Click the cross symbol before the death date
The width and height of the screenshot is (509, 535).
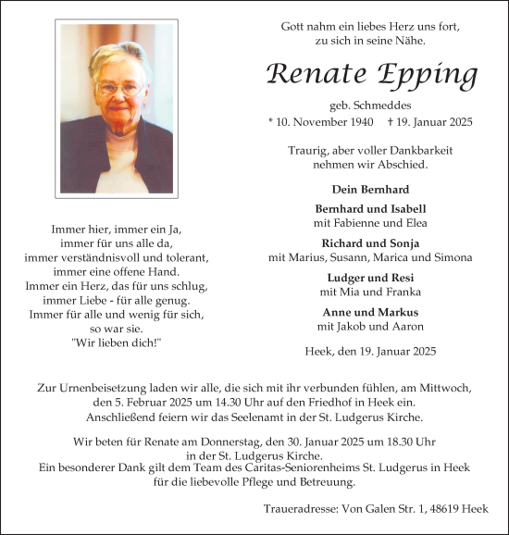(391, 122)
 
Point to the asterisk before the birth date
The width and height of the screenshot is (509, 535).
(270, 122)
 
